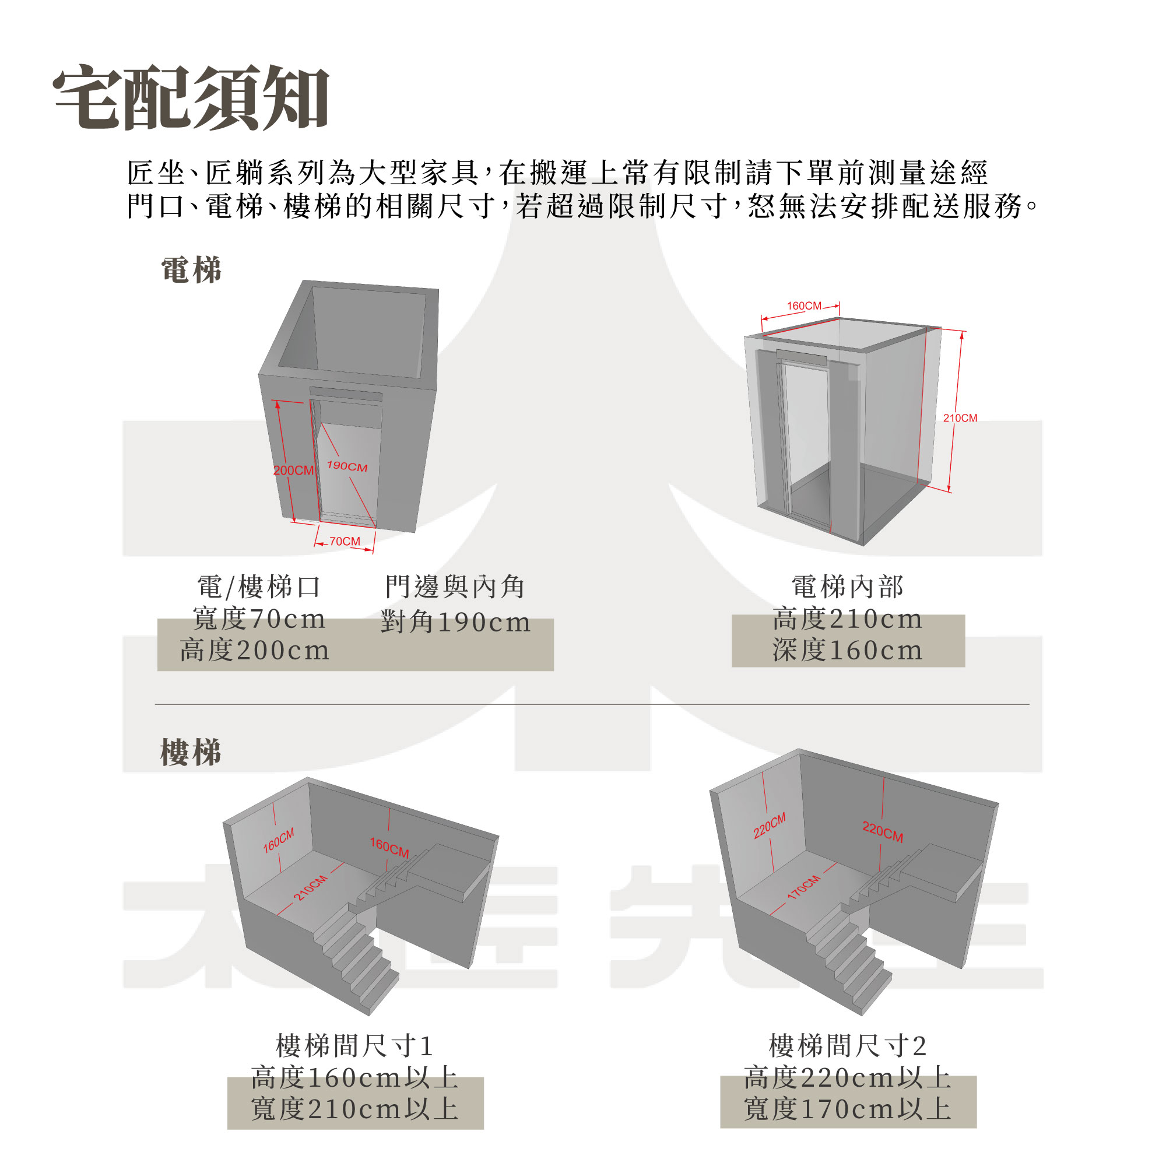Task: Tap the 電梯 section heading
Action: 191,270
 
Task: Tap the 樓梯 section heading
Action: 191,753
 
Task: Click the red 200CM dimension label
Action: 293,470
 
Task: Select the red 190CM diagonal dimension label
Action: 347,466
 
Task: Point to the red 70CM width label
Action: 345,542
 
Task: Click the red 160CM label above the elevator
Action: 804,306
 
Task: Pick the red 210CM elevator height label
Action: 960,418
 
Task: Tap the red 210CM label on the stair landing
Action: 311,888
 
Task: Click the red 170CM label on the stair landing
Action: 804,888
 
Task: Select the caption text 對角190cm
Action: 456,622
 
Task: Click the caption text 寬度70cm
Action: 259,619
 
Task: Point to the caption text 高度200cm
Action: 255,651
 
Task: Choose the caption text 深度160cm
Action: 848,651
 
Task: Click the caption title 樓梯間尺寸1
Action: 355,1046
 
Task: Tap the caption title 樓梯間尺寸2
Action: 848,1046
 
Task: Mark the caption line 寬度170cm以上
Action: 848,1109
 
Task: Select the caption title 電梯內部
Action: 848,586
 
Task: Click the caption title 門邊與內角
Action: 456,586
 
